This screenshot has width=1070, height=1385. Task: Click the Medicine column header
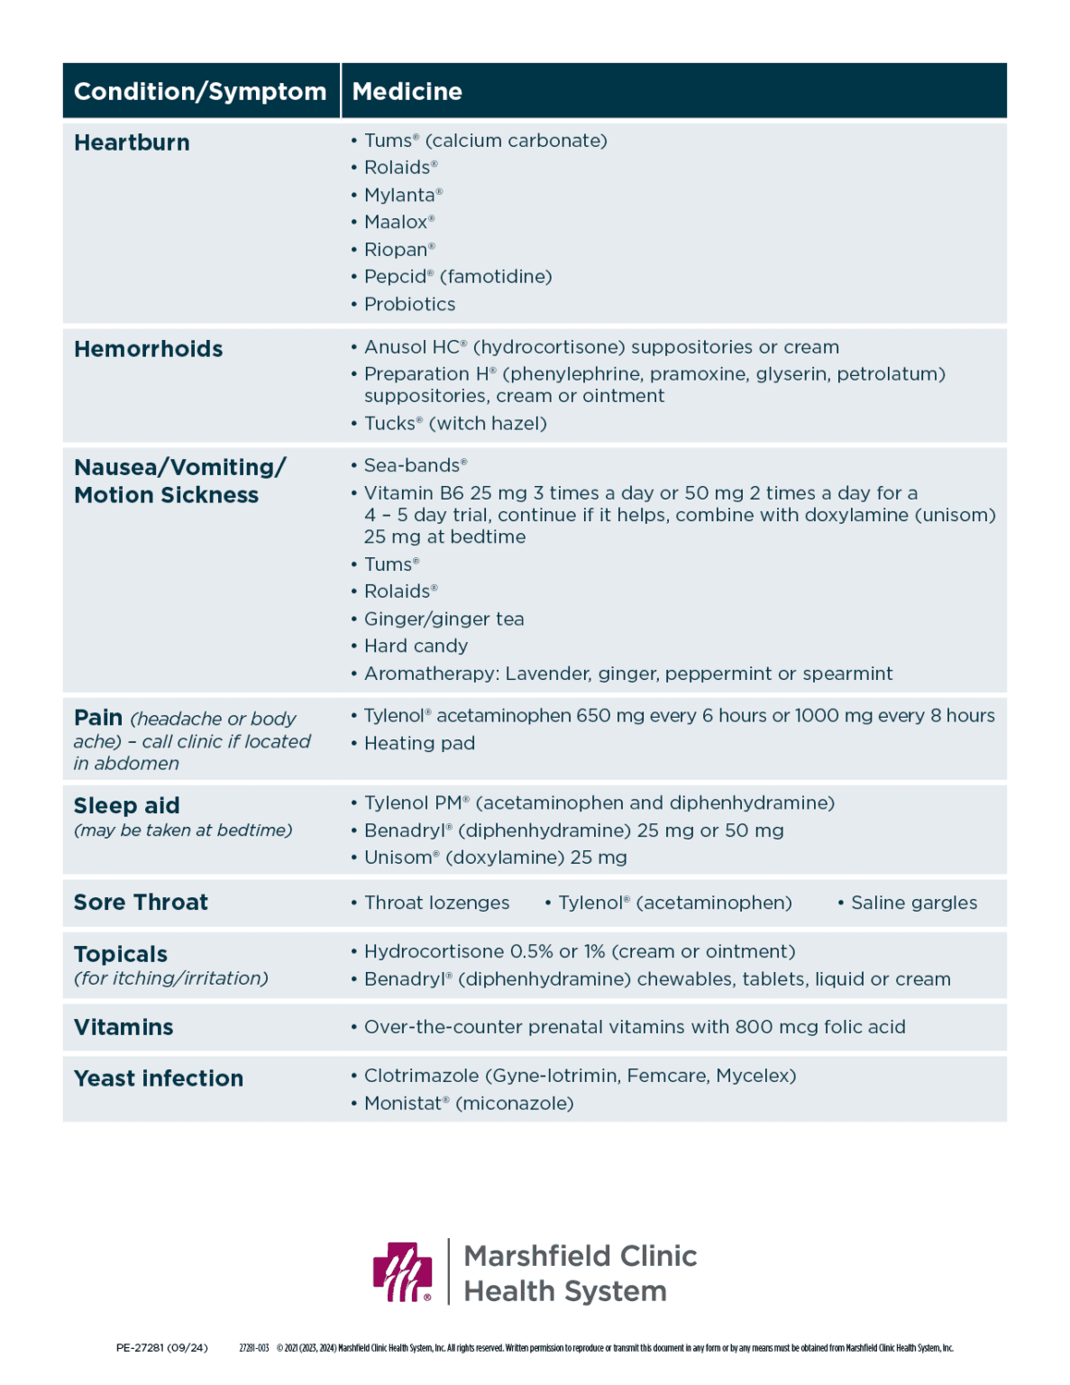[407, 91]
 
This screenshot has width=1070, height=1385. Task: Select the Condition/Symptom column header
[200, 91]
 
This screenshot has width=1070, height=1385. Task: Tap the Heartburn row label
[132, 142]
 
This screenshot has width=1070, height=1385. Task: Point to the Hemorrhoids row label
[149, 349]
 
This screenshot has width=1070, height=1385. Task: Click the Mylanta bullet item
[402, 195]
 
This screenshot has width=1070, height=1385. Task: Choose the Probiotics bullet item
[409, 304]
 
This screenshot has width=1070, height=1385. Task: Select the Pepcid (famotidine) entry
[457, 277]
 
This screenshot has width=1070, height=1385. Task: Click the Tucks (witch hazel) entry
[454, 424]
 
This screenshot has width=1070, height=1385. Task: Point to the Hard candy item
[416, 647]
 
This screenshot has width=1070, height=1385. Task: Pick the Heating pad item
[419, 743]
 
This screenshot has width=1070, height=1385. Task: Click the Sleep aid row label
[127, 805]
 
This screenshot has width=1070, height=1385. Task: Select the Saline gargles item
[913, 903]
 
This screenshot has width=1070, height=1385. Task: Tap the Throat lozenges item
[436, 903]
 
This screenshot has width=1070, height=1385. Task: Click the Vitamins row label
[123, 1027]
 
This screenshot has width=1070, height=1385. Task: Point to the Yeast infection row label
[159, 1078]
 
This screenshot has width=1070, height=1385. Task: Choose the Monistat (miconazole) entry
[468, 1104]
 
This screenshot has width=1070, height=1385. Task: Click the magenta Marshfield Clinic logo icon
[403, 1272]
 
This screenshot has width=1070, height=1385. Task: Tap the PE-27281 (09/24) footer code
[162, 1348]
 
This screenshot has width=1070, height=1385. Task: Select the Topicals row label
[121, 954]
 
